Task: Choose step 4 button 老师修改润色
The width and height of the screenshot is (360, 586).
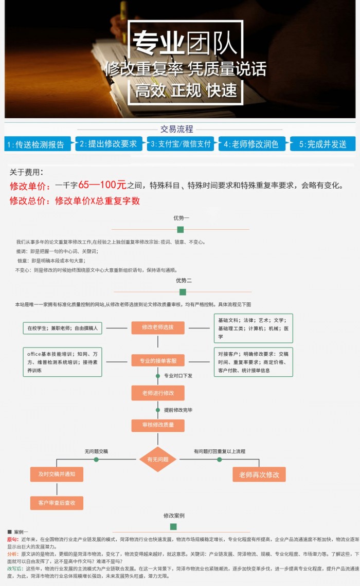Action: click(251, 144)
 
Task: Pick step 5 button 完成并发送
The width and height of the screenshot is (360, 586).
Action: click(322, 144)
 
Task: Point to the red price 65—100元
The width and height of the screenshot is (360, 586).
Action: click(102, 185)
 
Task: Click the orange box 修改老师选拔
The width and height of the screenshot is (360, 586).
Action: click(158, 327)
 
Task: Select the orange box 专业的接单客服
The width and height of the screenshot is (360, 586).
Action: click(158, 361)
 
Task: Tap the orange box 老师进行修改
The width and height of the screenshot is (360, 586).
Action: click(158, 393)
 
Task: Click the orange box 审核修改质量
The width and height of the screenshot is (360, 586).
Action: click(158, 425)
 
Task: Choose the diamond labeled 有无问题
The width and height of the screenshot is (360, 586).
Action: click(158, 459)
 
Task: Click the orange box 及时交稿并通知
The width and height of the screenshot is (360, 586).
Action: click(57, 474)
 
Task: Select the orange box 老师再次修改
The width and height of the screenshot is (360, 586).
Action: click(259, 474)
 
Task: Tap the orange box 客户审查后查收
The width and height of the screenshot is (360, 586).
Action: click(57, 503)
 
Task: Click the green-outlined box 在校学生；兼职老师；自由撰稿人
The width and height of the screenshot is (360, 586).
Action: click(62, 327)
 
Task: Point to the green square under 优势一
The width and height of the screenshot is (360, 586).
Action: click(180, 229)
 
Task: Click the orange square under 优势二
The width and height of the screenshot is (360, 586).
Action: click(183, 292)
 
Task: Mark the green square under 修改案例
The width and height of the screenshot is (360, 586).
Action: click(173, 527)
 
